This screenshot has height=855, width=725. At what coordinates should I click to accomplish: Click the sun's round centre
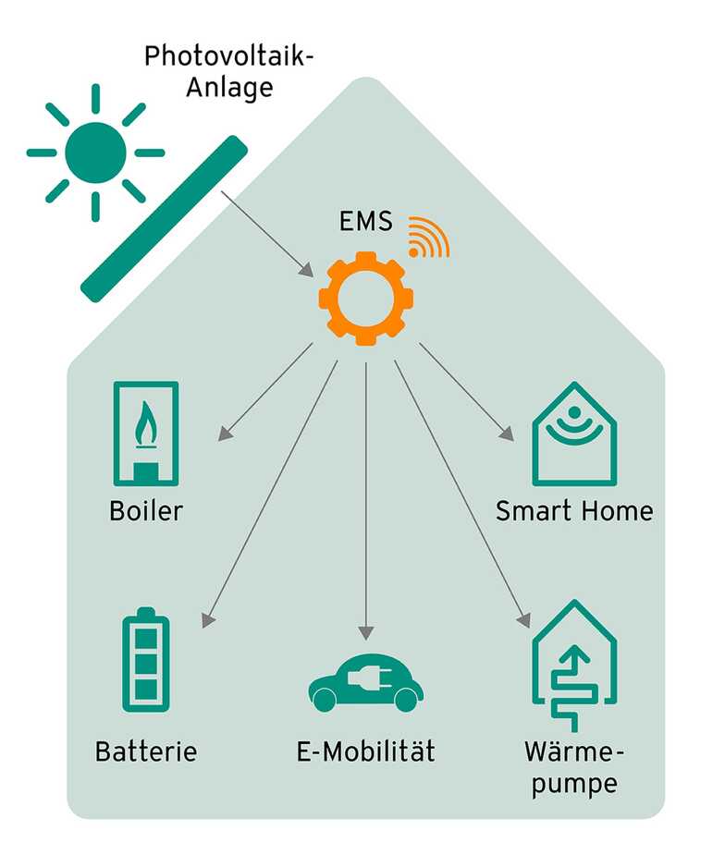94,152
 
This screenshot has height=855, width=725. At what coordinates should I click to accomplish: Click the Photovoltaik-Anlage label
228,72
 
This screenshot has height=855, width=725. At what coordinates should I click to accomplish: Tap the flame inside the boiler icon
146,427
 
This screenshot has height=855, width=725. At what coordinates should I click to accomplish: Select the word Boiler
145,510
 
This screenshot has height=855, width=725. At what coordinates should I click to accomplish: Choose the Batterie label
146,751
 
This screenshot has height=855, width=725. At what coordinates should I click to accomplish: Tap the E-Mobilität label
366,751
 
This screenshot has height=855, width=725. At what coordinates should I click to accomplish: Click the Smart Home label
574,510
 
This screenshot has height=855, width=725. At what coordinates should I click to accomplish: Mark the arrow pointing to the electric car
366,499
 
